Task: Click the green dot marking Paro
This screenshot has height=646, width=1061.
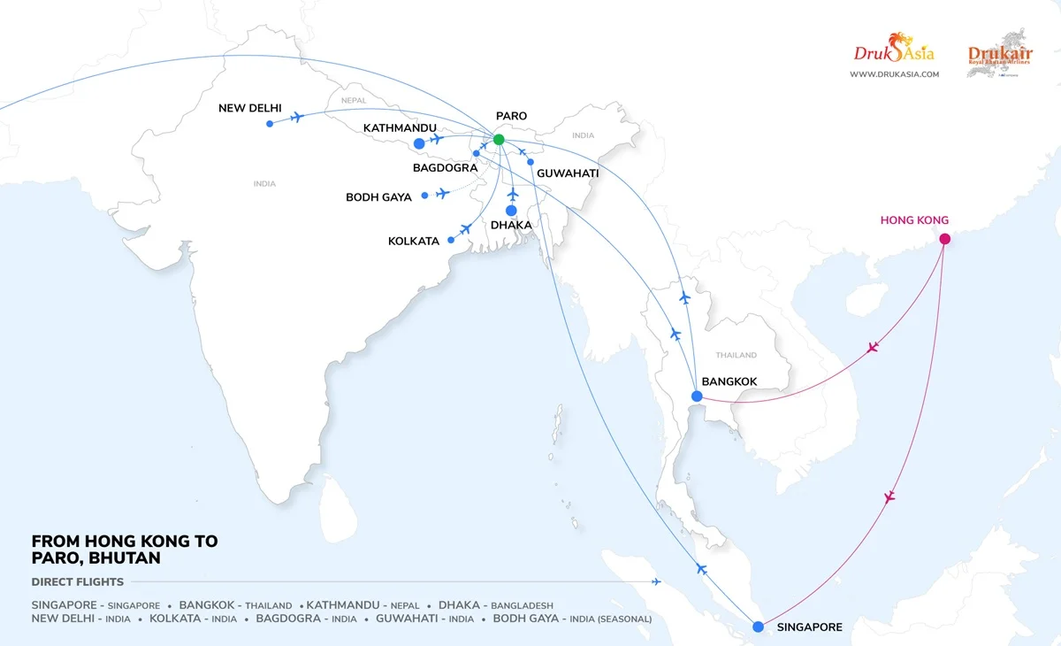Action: pyautogui.click(x=499, y=139)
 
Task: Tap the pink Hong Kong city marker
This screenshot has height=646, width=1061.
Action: pyautogui.click(x=944, y=238)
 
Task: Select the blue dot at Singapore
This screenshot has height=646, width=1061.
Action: pyautogui.click(x=758, y=627)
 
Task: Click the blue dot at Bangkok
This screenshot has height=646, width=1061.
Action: pyautogui.click(x=697, y=396)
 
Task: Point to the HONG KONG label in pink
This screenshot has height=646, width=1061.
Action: pyautogui.click(x=914, y=220)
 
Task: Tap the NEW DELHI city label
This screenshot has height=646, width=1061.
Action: pyautogui.click(x=250, y=108)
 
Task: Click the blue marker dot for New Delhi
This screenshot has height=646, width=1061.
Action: pyautogui.click(x=270, y=123)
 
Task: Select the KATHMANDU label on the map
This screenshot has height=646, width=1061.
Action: pyautogui.click(x=401, y=128)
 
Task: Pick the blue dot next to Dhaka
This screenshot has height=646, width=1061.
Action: pyautogui.click(x=511, y=211)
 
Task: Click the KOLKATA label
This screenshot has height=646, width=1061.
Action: pyautogui.click(x=414, y=241)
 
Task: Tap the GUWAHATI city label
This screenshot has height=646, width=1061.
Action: pyautogui.click(x=568, y=173)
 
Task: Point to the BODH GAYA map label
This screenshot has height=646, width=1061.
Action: pyautogui.click(x=378, y=197)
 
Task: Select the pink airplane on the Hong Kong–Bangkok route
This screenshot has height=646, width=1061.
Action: pyautogui.click(x=873, y=347)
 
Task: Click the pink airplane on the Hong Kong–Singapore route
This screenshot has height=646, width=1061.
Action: pyautogui.click(x=889, y=497)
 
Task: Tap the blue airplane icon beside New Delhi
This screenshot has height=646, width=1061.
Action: pyautogui.click(x=297, y=117)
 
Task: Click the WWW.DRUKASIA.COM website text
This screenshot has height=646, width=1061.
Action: pyautogui.click(x=894, y=74)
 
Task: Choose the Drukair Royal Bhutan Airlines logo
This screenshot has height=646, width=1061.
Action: pyautogui.click(x=1000, y=58)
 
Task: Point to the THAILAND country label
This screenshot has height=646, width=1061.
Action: pyautogui.click(x=736, y=355)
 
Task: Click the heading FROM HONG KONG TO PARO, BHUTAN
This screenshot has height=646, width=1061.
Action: pyautogui.click(x=124, y=550)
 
